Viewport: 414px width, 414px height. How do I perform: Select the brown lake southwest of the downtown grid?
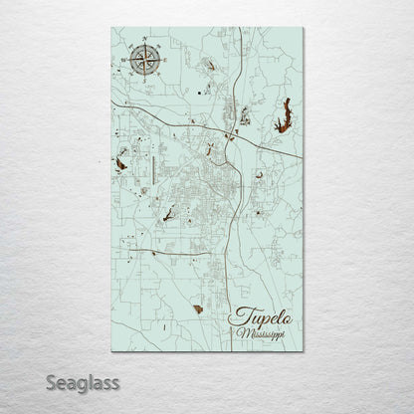pos(167,211)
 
